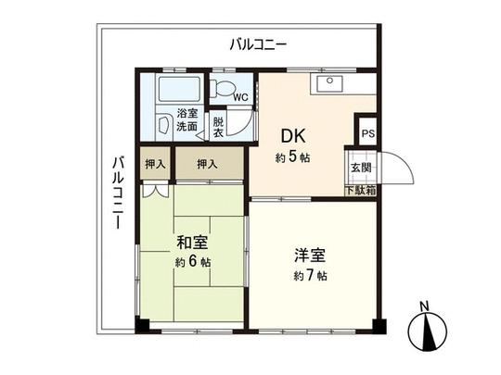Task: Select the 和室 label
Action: coord(193,244)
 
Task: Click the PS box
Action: coord(367,134)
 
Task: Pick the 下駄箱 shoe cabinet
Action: coord(361,191)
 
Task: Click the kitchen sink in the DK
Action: coord(328,84)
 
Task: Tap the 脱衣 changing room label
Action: coord(218,128)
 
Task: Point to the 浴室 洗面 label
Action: coord(186,121)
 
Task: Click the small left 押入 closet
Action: coord(156,164)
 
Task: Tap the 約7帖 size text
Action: coord(310,276)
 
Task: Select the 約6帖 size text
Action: coord(193,263)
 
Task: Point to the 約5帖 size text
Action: coord(293,157)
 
